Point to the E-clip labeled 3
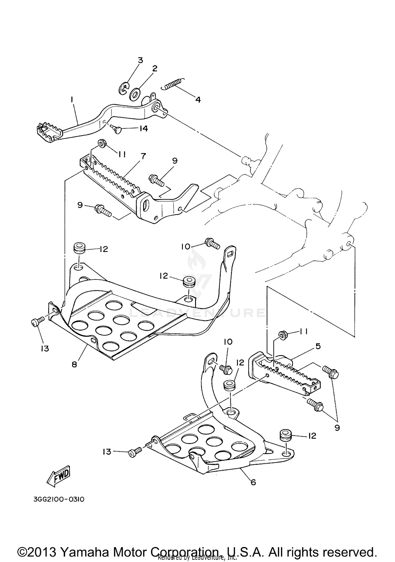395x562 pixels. [123, 89]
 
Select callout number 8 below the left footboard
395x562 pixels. [75, 365]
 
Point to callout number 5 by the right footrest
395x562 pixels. [318, 346]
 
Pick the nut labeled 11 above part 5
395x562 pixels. [281, 335]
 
